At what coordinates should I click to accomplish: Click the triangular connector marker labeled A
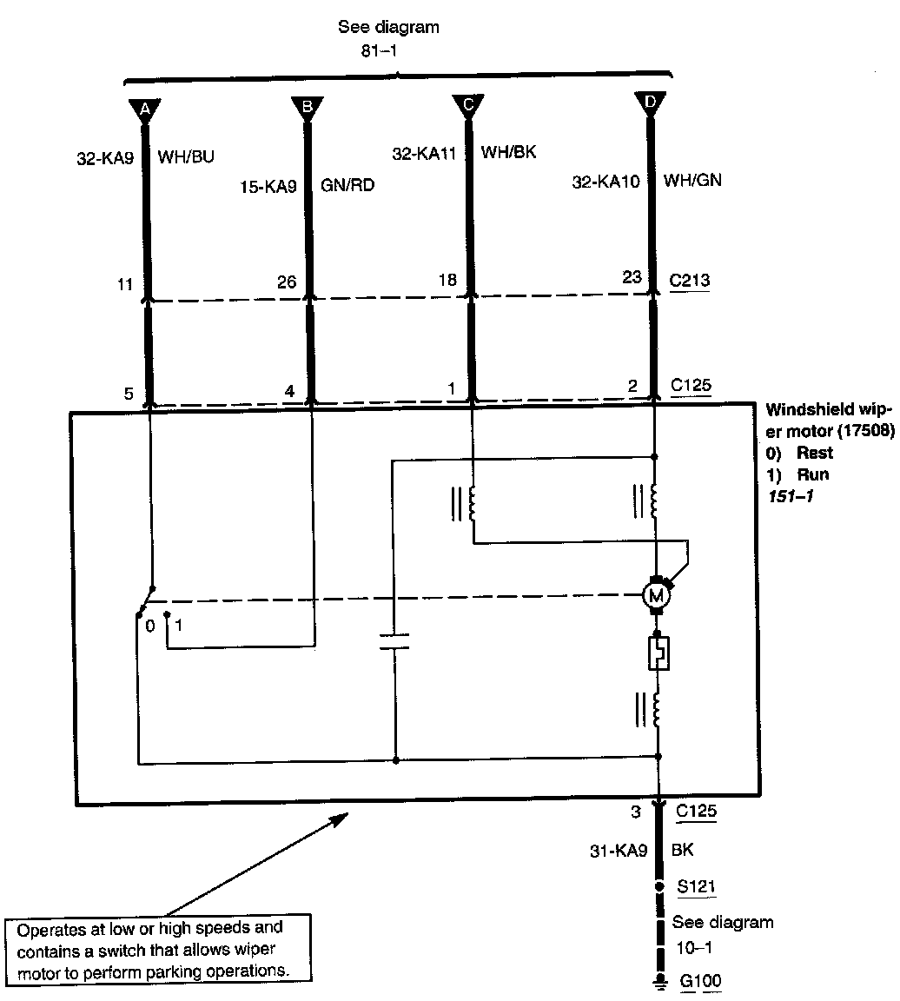(x=145, y=109)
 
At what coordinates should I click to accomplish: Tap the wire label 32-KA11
(x=425, y=154)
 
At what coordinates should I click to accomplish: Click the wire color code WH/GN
(x=692, y=181)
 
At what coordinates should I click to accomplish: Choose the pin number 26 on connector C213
(x=286, y=282)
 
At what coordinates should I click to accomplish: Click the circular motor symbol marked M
(x=655, y=595)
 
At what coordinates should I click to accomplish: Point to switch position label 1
(x=179, y=625)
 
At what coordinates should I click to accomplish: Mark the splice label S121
(x=698, y=886)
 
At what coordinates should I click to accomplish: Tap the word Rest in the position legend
(x=815, y=453)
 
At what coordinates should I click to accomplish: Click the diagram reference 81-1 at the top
(x=380, y=50)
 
